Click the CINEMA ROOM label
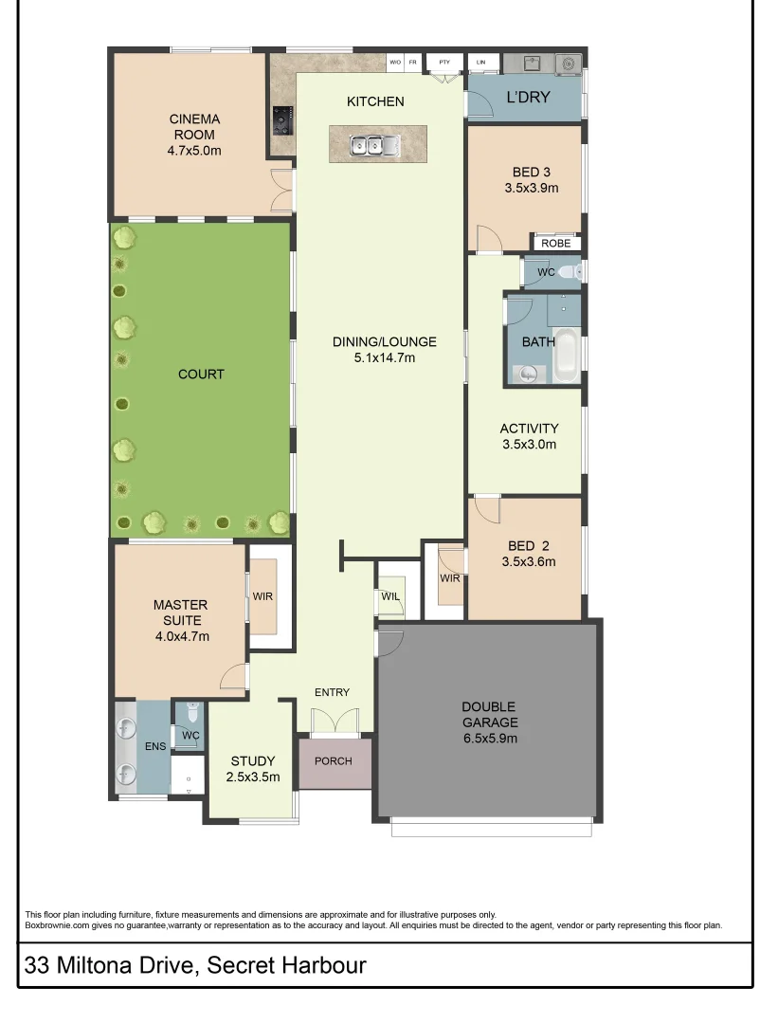pyautogui.click(x=194, y=126)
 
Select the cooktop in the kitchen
pyautogui.click(x=282, y=119)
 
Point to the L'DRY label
pyautogui.click(x=528, y=97)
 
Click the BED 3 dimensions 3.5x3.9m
pyautogui.click(x=531, y=188)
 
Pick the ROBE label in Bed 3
pyautogui.click(x=555, y=244)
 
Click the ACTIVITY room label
pyautogui.click(x=529, y=429)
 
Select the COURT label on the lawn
pyautogui.click(x=201, y=375)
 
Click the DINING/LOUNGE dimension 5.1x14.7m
pyautogui.click(x=384, y=357)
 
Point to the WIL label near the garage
pyautogui.click(x=389, y=596)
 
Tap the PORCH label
pyautogui.click(x=333, y=761)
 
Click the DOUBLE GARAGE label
pyautogui.click(x=489, y=715)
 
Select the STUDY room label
pyautogui.click(x=253, y=761)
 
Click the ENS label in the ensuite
pyautogui.click(x=155, y=747)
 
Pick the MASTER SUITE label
pyautogui.click(x=180, y=613)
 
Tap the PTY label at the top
pyautogui.click(x=443, y=62)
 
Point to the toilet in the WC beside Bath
pyautogui.click(x=567, y=273)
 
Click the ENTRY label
pyautogui.click(x=332, y=692)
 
